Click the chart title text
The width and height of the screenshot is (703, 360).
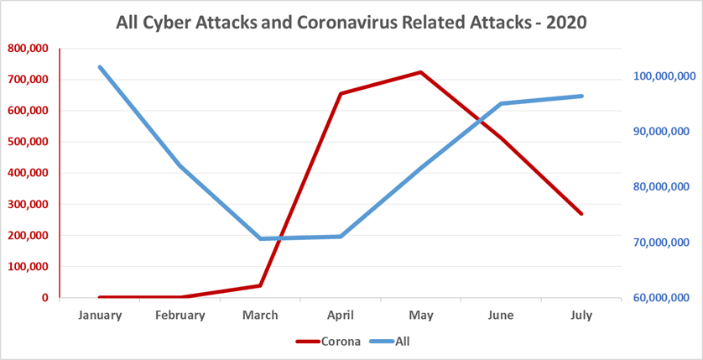pyautogui.click(x=351, y=21)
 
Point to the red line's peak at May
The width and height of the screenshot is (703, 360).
pyautogui.click(x=420, y=72)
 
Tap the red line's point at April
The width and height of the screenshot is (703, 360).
pyautogui.click(x=341, y=93)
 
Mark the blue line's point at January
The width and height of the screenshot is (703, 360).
pyautogui.click(x=100, y=67)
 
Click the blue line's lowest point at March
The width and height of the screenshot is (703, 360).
pyautogui.click(x=260, y=239)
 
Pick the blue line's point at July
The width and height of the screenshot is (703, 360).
pyautogui.click(x=581, y=96)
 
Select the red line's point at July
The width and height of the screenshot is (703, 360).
pyautogui.click(x=581, y=214)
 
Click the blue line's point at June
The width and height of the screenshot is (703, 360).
pyautogui.click(x=501, y=103)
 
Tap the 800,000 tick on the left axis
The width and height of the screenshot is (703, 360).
pyautogui.click(x=29, y=49)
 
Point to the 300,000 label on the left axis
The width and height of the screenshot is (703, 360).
pyautogui.click(x=29, y=204)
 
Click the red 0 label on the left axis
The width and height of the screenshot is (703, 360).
pyautogui.click(x=44, y=298)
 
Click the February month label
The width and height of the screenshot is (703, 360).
pyautogui.click(x=180, y=316)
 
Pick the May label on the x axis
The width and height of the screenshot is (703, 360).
pyautogui.click(x=420, y=316)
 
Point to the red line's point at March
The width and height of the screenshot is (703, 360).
pyautogui.click(x=260, y=285)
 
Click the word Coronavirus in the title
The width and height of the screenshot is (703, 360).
pyautogui.click(x=346, y=21)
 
